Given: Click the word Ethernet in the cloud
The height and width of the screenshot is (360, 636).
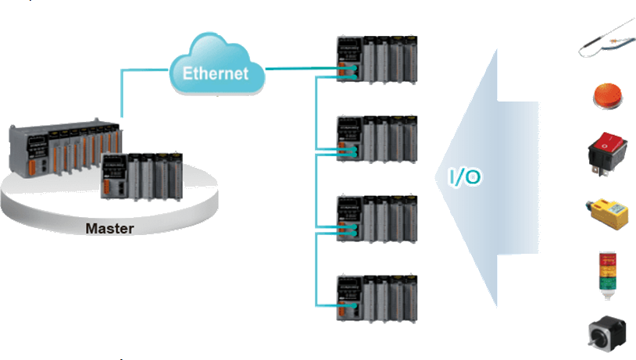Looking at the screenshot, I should [216, 74].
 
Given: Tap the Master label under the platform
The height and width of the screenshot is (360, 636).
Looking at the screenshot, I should [110, 229].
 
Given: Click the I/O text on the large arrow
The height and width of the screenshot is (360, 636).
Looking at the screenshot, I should [464, 177].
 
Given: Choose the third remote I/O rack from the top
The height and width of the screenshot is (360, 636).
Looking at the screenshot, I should [378, 219].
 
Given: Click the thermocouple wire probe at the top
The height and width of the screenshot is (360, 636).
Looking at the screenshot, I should [606, 41].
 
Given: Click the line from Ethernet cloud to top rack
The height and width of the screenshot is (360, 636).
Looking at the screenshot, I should [301, 69].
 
